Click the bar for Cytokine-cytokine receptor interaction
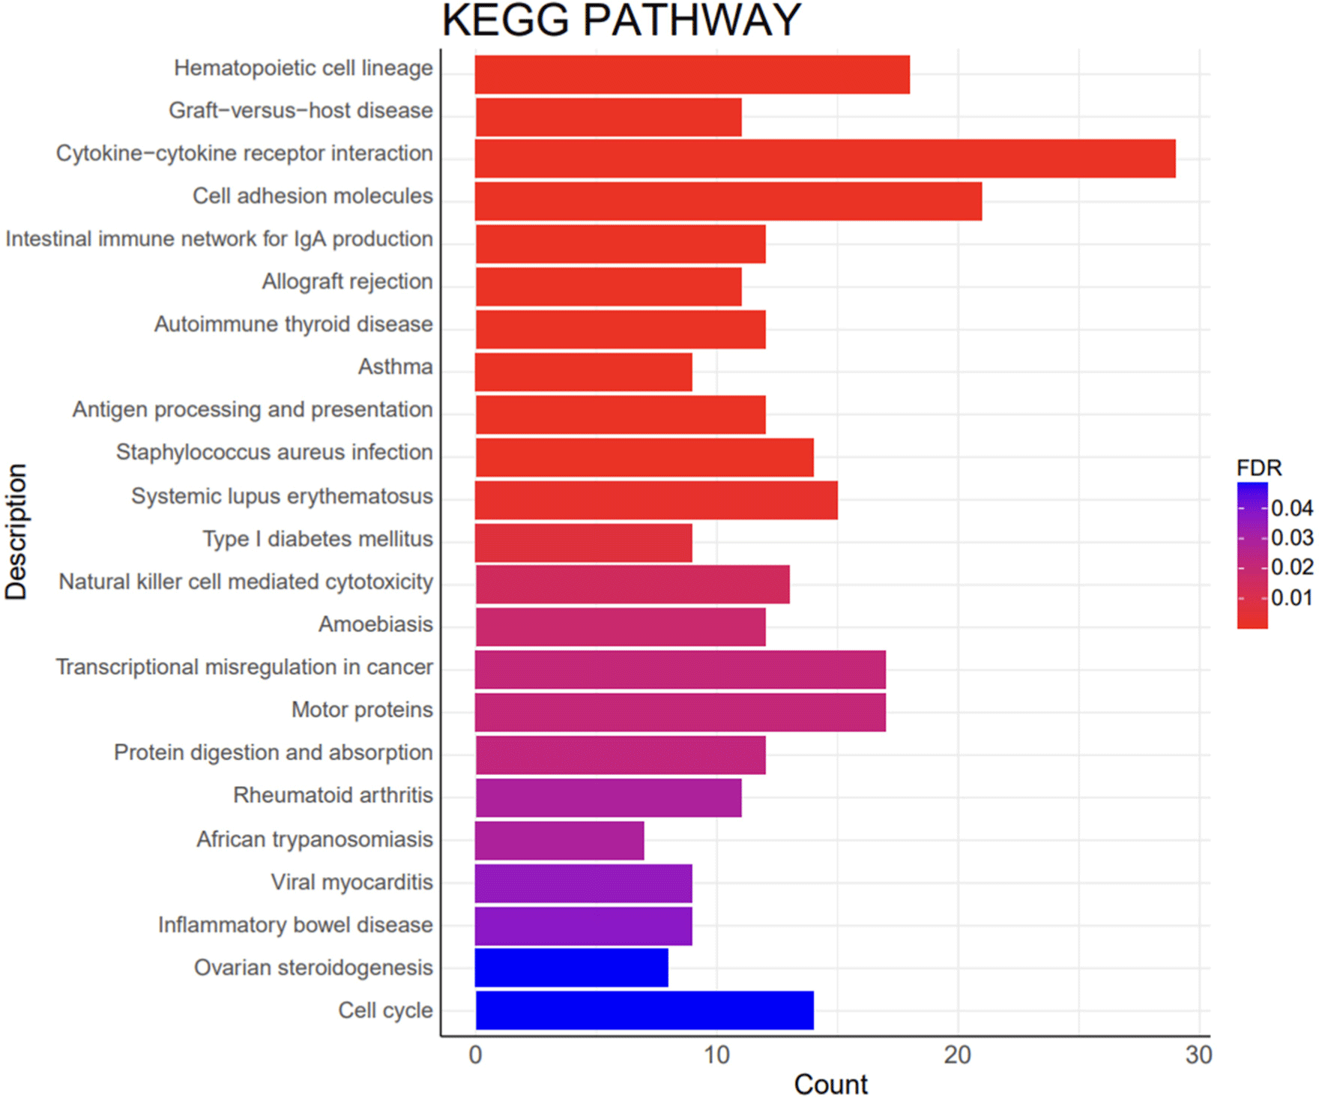click(x=824, y=158)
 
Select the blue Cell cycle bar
click(x=645, y=1010)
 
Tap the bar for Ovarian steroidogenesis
click(x=571, y=968)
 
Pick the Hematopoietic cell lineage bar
click(x=692, y=74)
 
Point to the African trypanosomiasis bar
click(x=559, y=840)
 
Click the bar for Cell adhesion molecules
click(x=728, y=201)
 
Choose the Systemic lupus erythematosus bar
click(x=656, y=500)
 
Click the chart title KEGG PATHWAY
click(x=621, y=20)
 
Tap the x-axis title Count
click(x=830, y=1084)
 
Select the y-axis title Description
click(x=16, y=531)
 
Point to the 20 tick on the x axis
click(x=957, y=1055)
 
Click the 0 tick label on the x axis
click(x=475, y=1055)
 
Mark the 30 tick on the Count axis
click(x=1198, y=1055)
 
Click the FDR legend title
click(x=1258, y=468)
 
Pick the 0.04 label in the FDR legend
click(x=1291, y=508)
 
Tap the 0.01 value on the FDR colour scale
click(x=1291, y=598)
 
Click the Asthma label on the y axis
click(x=395, y=366)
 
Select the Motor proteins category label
click(x=362, y=709)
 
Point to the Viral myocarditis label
click(x=351, y=882)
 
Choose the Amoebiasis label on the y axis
click(x=375, y=624)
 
